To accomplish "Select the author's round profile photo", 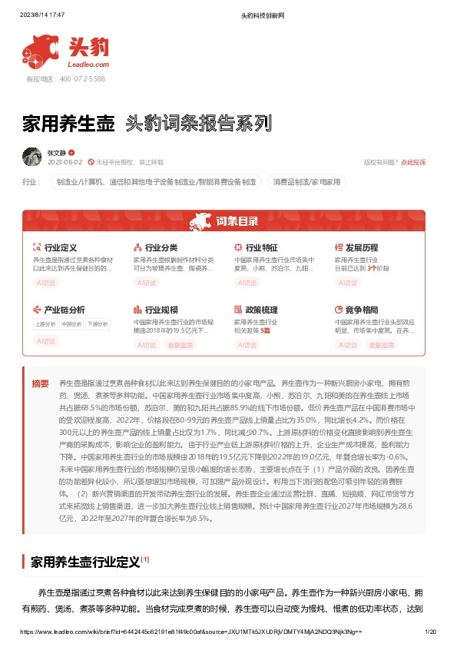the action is click(x=32, y=157).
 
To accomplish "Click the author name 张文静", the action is click(x=57, y=153).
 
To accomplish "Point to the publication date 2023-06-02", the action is click(x=65, y=162).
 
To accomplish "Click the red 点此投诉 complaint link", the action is click(x=413, y=162).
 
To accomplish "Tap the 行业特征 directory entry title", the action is click(x=261, y=248).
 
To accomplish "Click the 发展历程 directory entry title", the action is click(x=362, y=248).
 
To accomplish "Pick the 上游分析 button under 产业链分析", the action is click(x=45, y=323).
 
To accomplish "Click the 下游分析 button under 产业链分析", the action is click(x=98, y=323).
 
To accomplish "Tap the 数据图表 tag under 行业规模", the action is click(x=180, y=345).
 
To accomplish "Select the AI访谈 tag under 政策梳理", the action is click(x=247, y=345).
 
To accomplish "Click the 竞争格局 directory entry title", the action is click(x=362, y=310).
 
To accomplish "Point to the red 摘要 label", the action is click(x=40, y=383).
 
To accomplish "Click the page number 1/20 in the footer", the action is click(x=430, y=632).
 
